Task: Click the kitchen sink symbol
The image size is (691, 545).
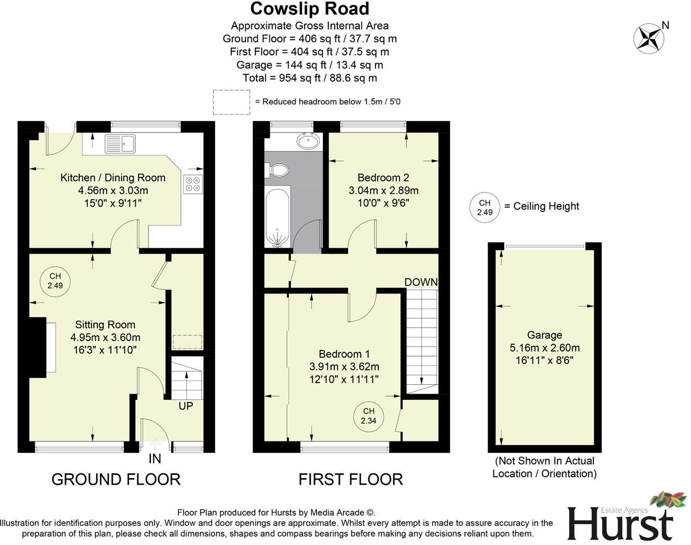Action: [x=120, y=144]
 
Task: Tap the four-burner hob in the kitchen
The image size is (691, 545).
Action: [x=192, y=184]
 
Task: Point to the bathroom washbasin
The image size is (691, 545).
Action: [x=308, y=140]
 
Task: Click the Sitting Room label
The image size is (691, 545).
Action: [x=105, y=325]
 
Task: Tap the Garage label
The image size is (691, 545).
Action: [x=544, y=335]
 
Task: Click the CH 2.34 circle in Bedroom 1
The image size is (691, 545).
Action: [x=369, y=416]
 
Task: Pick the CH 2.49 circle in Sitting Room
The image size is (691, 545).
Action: [x=55, y=281]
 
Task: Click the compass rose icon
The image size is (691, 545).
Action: [x=648, y=38]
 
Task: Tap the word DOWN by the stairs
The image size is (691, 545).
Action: [x=421, y=282]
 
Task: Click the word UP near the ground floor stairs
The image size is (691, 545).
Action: [x=186, y=406]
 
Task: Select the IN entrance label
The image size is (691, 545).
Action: [x=155, y=458]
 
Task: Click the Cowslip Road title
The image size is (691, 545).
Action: [x=309, y=9]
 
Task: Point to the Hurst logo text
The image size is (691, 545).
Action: [x=619, y=522]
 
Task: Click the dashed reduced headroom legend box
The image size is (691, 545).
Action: [x=231, y=102]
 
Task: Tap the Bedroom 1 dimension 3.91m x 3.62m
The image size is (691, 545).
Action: [x=344, y=367]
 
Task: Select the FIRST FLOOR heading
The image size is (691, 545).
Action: [x=350, y=479]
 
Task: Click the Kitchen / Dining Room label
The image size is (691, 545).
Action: [x=113, y=177]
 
